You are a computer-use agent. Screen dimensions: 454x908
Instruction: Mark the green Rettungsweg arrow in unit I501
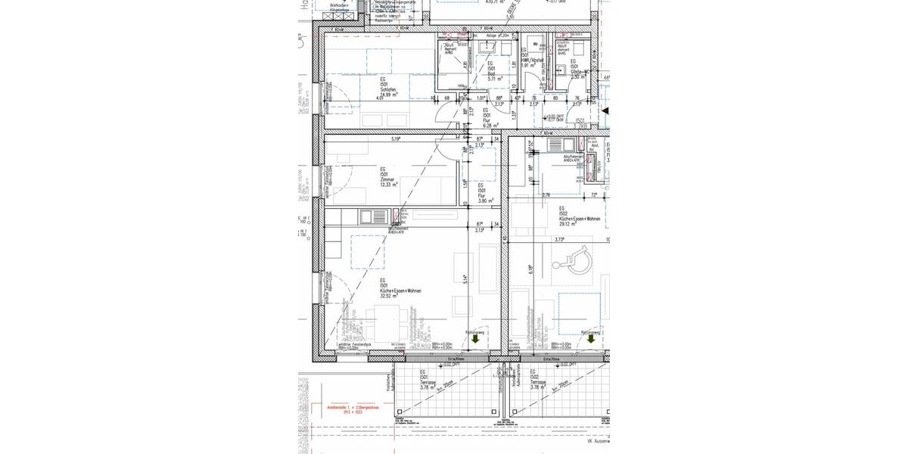tap(475, 340)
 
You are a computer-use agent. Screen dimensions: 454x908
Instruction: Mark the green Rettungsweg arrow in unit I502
tap(591, 340)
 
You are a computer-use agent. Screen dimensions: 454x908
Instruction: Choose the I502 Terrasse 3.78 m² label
tap(538, 380)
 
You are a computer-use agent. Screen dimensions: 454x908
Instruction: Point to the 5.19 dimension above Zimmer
tap(395, 138)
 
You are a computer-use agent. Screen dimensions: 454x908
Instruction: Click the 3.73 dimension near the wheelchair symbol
tap(560, 239)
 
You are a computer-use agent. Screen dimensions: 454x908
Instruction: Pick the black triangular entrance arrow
tap(605, 110)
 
